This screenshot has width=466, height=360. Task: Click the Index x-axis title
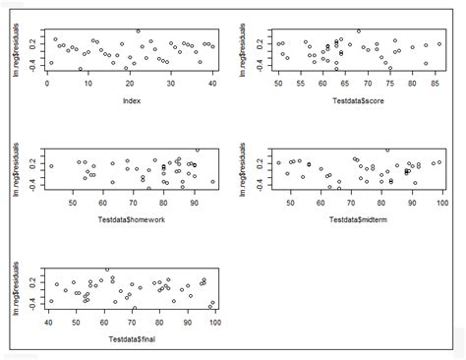[129, 100]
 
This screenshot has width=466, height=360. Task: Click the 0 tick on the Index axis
[48, 85]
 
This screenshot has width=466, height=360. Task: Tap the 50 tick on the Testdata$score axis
[278, 85]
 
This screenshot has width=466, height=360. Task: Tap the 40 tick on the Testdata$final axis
[48, 323]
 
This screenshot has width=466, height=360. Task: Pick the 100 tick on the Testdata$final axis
[211, 323]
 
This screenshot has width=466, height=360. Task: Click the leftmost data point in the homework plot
[51, 166]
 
